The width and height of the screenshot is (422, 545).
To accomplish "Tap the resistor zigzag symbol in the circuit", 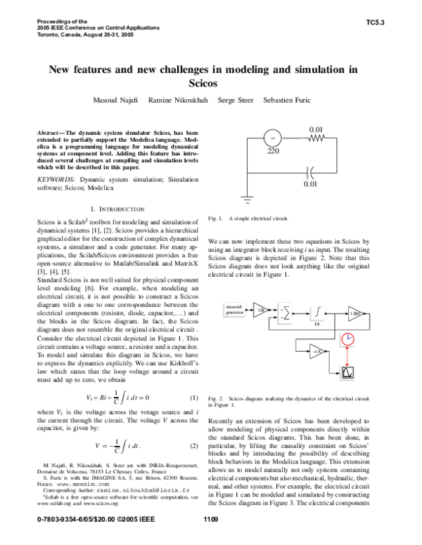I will tap(318, 138).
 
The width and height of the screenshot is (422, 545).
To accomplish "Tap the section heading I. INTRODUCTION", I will tap(117, 209).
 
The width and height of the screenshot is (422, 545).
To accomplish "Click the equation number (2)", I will tap(194, 447).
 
